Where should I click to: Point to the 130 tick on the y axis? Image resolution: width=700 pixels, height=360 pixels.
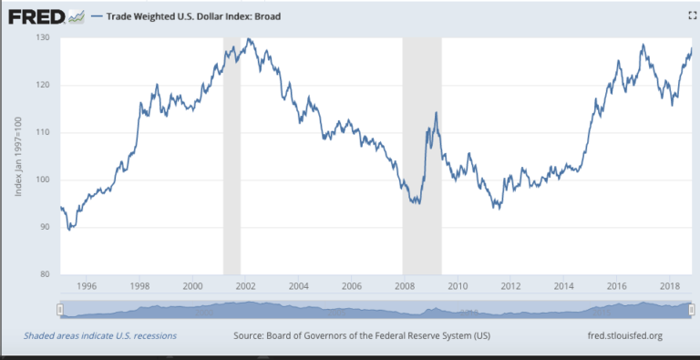43,37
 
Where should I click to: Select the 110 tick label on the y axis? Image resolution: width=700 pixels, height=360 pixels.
43,132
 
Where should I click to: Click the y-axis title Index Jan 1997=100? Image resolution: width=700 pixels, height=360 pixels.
19,155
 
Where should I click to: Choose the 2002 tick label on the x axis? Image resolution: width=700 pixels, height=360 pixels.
244,287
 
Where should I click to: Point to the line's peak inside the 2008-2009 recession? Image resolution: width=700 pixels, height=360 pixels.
437,112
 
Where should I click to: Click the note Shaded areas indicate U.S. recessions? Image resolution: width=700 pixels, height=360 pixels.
100,336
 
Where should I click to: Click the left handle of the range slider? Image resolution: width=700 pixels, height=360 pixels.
60,311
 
